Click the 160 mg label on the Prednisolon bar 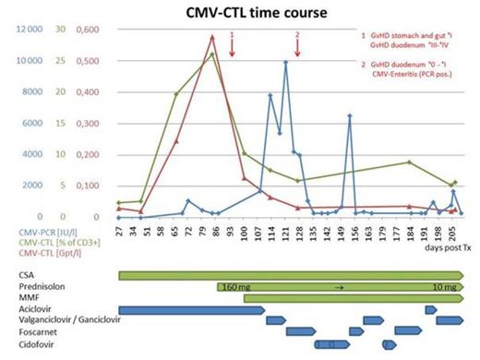click(x=237, y=287)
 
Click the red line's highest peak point click(x=213, y=37)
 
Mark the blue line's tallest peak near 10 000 click(x=286, y=62)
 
